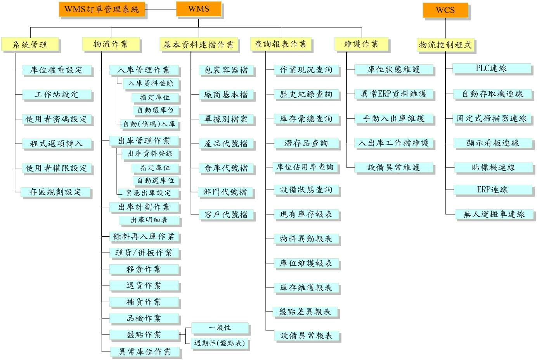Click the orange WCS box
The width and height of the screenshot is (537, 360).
(x=445, y=10)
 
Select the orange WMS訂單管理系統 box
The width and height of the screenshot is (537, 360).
(x=102, y=9)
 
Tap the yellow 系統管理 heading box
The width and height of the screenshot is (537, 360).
(x=30, y=44)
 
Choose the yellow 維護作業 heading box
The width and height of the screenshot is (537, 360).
(x=361, y=44)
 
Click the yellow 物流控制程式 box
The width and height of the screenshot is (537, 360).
(x=445, y=45)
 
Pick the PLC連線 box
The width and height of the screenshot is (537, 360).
(x=492, y=68)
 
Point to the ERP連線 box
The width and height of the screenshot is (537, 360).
(x=493, y=190)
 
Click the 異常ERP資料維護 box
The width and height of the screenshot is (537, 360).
(x=394, y=94)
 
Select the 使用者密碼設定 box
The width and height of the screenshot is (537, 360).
(x=57, y=119)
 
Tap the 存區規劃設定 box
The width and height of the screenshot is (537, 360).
(x=55, y=192)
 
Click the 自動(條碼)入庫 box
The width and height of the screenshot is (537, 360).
(x=149, y=124)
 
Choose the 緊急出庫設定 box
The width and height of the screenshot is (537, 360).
(x=148, y=193)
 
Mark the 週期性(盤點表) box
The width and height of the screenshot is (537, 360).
(x=220, y=343)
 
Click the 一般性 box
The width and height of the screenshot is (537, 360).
(x=220, y=328)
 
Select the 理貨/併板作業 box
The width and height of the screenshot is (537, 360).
(x=144, y=253)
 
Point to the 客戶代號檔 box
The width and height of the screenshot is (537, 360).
(x=226, y=214)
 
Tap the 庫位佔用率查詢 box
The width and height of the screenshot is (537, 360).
(x=305, y=167)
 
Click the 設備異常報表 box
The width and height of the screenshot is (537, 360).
(x=307, y=335)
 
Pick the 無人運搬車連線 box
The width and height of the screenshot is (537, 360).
(x=494, y=214)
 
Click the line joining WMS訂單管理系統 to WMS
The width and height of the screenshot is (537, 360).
(x=161, y=9)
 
